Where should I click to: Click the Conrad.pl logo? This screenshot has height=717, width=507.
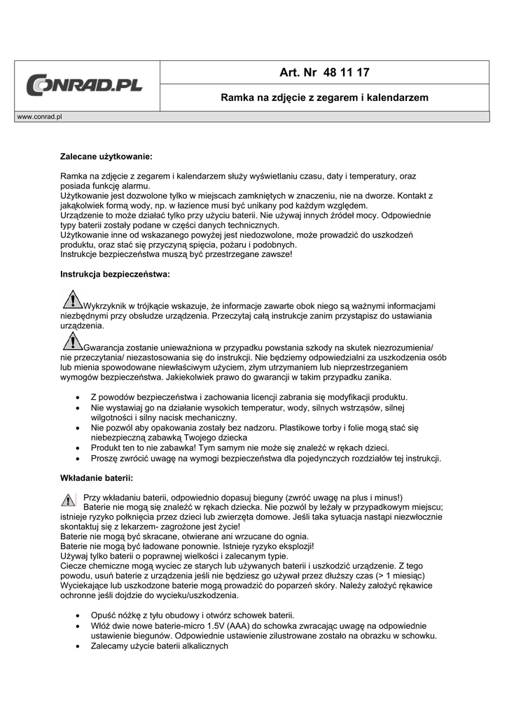85,85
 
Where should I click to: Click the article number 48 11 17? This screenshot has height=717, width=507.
325,72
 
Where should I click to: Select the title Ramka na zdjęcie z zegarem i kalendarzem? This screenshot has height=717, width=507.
324,97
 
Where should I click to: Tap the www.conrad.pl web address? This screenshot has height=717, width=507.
39,116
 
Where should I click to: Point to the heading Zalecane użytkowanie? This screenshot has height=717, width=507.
106,156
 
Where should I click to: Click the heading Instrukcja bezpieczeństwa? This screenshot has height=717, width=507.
115,274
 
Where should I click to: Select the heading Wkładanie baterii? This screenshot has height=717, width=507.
96,478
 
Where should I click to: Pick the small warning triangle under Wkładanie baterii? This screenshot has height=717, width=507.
68,500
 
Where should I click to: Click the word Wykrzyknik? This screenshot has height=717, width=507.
107,306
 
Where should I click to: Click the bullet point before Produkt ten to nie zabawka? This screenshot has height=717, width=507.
77,447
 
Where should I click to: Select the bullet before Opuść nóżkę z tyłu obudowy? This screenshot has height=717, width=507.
77,614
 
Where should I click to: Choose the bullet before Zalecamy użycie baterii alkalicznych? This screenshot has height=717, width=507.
77,646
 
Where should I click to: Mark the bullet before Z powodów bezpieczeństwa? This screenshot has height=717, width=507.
77,396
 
